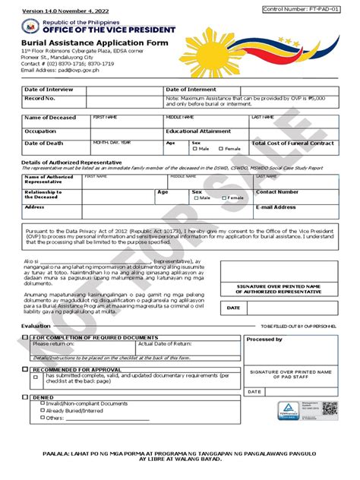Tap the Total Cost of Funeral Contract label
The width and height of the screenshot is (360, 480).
pos(292,143)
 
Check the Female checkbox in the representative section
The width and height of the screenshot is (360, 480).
pos(224,197)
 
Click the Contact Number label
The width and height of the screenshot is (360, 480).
pos(277,192)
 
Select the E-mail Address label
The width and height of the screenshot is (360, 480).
pos(275,207)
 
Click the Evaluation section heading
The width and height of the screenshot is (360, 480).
pos(36,325)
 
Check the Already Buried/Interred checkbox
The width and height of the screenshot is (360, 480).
pos(43,410)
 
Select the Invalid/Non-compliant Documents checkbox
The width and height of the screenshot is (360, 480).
pos(43,403)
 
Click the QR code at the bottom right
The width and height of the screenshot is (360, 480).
pos(329,409)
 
